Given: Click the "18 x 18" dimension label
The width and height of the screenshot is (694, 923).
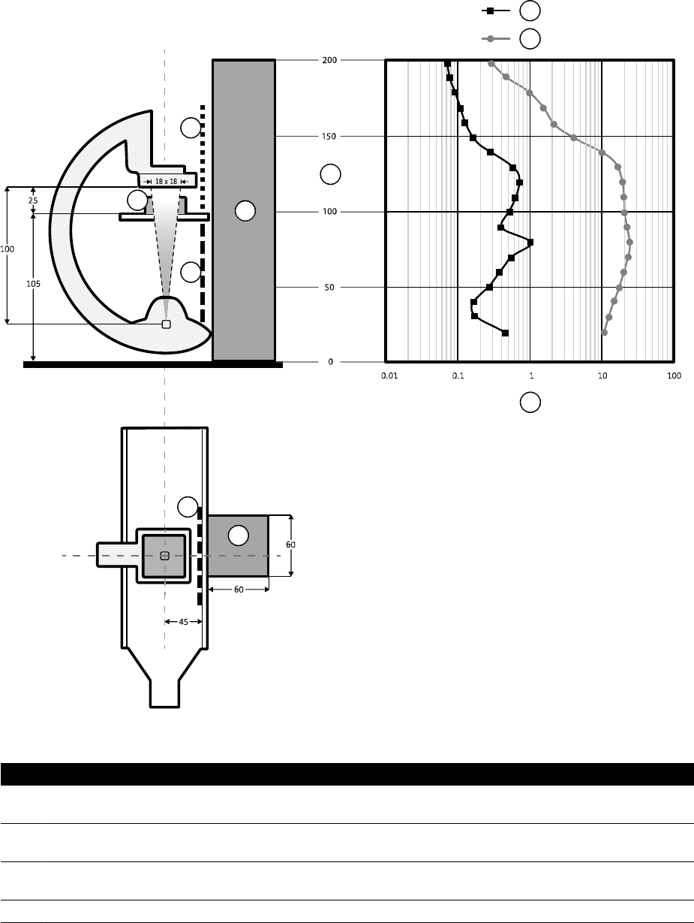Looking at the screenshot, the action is (167, 181).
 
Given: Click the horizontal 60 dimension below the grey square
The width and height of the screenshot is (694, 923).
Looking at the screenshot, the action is (238, 590).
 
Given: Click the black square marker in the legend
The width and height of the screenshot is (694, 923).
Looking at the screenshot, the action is (490, 11).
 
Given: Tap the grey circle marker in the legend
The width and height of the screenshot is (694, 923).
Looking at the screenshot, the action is (490, 38).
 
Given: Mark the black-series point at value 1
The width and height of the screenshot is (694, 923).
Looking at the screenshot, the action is (530, 243).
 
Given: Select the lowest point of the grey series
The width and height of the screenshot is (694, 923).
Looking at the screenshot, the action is (605, 332).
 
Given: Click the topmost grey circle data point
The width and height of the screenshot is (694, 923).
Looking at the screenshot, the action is (491, 64).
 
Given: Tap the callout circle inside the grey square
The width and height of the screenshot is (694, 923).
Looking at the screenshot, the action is (238, 535).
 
